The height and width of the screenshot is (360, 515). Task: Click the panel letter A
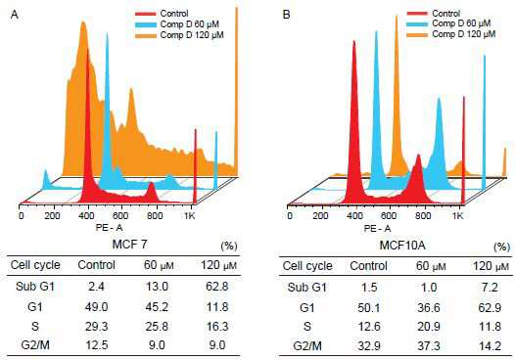coord(15,15)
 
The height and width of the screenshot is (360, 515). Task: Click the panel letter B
coord(287,15)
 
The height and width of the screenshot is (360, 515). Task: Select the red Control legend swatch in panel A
coord(146,14)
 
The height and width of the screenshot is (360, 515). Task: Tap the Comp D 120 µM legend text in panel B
coord(464,34)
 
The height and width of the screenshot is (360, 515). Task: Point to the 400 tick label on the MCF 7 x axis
coord(87,216)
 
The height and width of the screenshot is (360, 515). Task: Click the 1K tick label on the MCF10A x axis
coord(457,216)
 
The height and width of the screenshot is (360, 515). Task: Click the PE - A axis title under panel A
coord(109,228)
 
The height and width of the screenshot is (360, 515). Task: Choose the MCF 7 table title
coord(130,245)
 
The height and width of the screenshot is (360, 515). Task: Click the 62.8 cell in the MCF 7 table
coord(217,287)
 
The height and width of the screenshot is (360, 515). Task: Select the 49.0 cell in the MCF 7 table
coord(96,307)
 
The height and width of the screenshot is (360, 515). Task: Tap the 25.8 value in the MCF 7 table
coord(157,327)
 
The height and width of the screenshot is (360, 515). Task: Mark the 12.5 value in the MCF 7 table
coord(96,345)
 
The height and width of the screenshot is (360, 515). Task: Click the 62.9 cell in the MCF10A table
coord(490,308)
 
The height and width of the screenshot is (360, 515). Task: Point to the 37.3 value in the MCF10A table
coord(429,346)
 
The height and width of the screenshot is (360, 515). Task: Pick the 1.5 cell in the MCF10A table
coord(368,288)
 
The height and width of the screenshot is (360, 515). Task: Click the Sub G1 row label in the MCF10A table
coord(307,288)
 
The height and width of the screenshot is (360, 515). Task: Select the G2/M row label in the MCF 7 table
coord(35,345)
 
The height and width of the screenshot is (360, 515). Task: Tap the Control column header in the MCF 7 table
coord(96,265)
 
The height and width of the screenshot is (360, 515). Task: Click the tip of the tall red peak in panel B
coord(354,41)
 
